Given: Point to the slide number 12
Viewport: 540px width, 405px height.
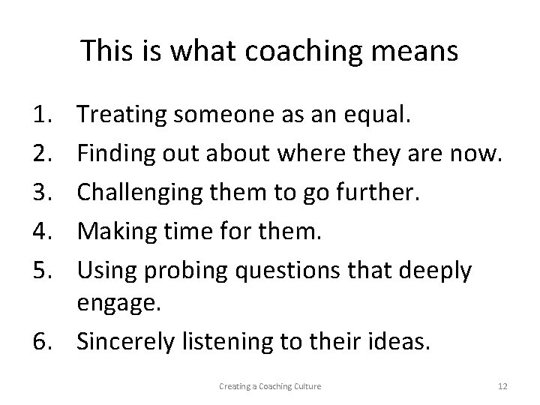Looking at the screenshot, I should (x=502, y=386).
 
